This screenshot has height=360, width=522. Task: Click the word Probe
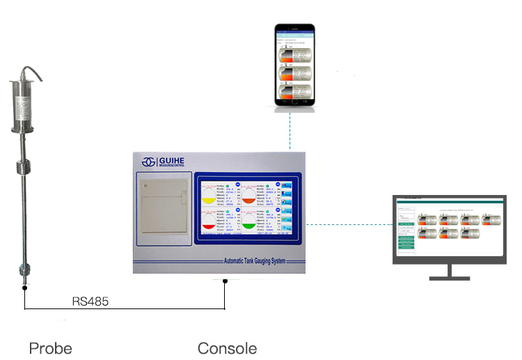pos(50,347)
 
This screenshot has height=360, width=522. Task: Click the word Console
pos(227,347)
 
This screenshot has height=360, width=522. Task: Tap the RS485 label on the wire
pos(90,302)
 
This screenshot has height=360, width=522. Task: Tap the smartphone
pos(294,65)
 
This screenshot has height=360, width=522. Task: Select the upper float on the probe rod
pos(24,167)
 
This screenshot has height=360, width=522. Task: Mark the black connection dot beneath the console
pos(225,281)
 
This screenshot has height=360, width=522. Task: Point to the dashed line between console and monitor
pos(348,224)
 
